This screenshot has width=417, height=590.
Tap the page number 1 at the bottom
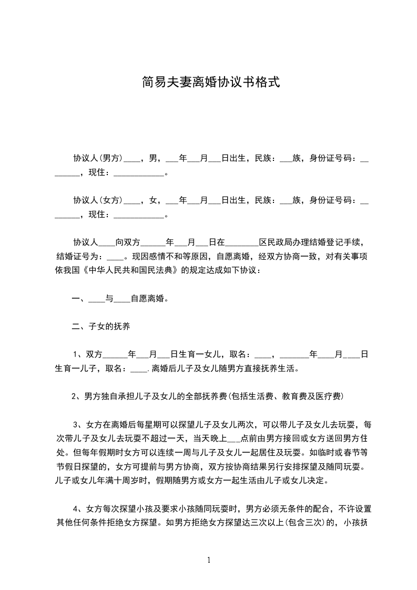tap(209, 560)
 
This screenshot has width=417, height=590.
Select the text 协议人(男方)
tap(98, 157)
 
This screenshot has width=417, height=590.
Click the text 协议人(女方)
tap(98, 200)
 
